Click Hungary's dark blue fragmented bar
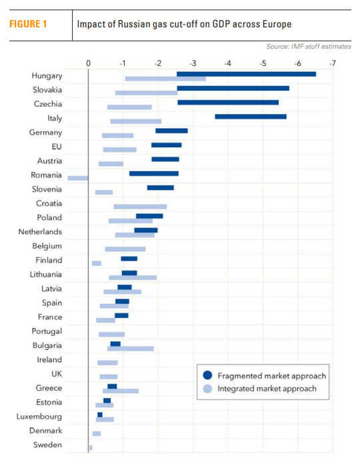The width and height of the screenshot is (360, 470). (246, 74)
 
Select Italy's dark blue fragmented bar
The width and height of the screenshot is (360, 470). (251, 117)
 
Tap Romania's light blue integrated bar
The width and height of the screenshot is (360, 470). (78, 178)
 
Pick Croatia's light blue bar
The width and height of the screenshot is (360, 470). (140, 207)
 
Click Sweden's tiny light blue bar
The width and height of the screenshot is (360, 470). (91, 448)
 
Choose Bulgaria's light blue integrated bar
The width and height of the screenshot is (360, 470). (131, 349)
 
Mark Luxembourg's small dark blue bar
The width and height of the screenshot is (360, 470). (100, 415)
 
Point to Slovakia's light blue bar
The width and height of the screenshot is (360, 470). (146, 93)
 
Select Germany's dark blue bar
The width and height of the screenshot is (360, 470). (171, 131)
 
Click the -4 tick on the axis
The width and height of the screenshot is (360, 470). (228, 63)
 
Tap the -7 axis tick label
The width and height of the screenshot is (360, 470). (333, 63)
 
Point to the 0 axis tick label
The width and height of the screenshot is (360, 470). (88, 63)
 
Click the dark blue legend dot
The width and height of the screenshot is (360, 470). (207, 375)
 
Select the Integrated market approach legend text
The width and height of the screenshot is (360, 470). (267, 389)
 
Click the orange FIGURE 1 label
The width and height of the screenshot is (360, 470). (28, 24)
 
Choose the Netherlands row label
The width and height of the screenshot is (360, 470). (40, 232)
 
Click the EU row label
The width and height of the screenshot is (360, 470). (57, 147)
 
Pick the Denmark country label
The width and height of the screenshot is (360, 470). (45, 431)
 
